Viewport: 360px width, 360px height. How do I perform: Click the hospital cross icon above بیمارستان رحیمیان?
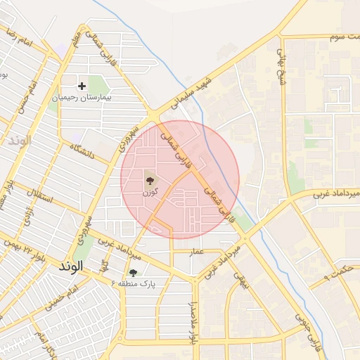tap(82, 86)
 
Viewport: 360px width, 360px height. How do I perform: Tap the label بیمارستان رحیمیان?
tap(83, 98)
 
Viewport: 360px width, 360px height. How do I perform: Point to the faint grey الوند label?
tap(19, 141)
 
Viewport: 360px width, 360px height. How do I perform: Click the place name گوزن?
tap(150, 192)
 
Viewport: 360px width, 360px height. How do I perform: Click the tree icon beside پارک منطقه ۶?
tap(133, 271)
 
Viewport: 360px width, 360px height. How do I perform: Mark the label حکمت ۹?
tap(338, 272)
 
